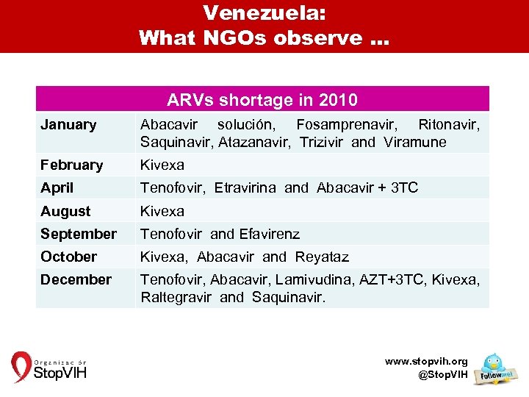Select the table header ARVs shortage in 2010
[x=262, y=99]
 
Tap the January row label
[x=68, y=125]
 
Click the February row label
[x=72, y=165]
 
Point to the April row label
[x=57, y=187]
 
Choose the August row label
[x=65, y=211]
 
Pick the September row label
[x=79, y=234]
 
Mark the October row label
[x=68, y=257]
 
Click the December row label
[x=76, y=279]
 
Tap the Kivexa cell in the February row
[x=162, y=165]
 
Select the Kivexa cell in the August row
[x=162, y=211]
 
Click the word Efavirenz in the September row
[x=270, y=234]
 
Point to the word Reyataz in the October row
[x=322, y=257]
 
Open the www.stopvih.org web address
[x=426, y=362]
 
